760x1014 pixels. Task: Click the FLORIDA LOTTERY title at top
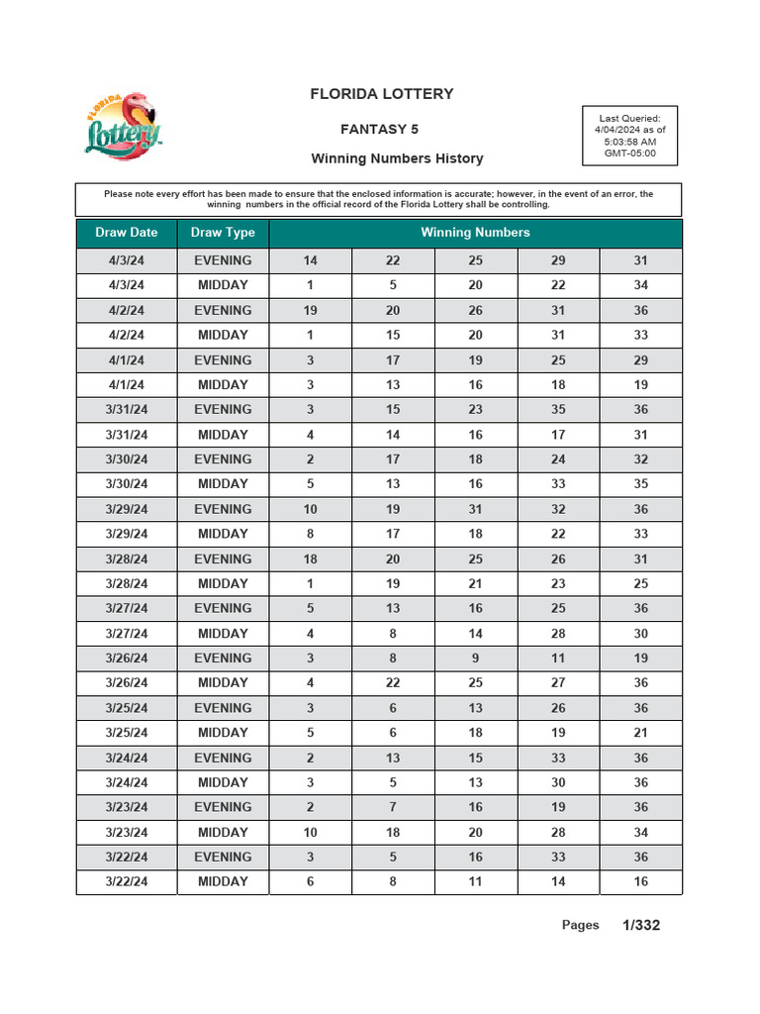pos(382,94)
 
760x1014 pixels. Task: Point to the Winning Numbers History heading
pos(397,158)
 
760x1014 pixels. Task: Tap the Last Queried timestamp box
pos(629,136)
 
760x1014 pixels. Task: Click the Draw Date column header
pos(127,233)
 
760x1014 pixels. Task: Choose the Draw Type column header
pos(223,233)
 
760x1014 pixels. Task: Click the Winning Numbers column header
pos(475,233)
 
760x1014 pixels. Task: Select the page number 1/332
pos(641,925)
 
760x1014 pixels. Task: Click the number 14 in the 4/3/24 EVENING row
pos(310,260)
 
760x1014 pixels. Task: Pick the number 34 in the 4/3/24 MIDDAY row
pos(640,285)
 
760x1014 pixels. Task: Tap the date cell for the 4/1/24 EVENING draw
pos(127,360)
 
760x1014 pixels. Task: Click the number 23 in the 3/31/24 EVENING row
pos(475,410)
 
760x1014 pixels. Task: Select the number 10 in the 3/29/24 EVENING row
pos(310,509)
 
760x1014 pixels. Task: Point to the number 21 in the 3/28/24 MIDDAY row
pos(475,583)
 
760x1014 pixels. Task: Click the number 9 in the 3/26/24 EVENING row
pos(475,659)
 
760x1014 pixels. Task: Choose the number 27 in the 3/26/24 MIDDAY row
pos(558,683)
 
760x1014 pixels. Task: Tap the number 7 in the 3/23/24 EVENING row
pos(393,807)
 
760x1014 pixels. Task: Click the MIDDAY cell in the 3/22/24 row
pos(223,881)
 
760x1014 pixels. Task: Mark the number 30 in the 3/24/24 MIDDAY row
pos(558,782)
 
